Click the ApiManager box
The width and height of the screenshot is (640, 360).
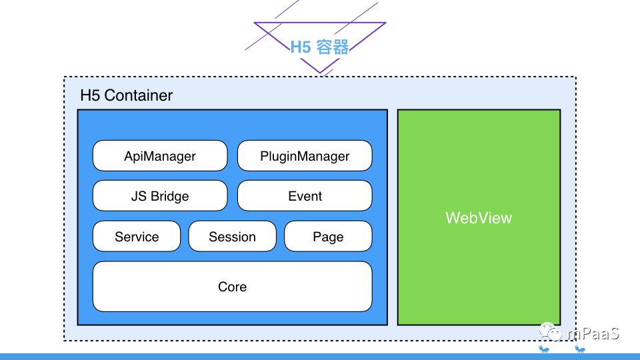coord(160,155)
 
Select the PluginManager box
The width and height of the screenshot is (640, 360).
coord(305,155)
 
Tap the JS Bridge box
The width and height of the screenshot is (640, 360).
coord(160,195)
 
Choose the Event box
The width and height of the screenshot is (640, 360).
coord(305,195)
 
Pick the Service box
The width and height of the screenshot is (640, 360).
coord(137,236)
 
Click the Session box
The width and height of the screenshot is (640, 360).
coord(232,236)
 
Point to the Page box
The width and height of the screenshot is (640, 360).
coord(328,236)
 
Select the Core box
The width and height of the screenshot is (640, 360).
coord(232,287)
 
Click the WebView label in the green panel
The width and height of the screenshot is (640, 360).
coord(479,217)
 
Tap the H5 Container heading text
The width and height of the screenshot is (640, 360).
coord(126,95)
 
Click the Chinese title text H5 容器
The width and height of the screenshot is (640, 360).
coord(319,47)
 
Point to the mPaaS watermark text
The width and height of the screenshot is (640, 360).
coord(593,333)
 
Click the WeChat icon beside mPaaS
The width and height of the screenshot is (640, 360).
coord(551,331)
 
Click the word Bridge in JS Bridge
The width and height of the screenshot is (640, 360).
coord(170,196)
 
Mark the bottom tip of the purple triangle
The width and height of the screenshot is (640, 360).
coord(320,73)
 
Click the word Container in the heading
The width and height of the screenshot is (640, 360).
coord(139,95)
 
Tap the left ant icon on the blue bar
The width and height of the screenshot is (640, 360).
coord(544,349)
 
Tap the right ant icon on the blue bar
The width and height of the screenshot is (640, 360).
coord(579,349)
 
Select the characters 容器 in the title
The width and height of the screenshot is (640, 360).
coord(332,47)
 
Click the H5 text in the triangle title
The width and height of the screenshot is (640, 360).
coord(301,47)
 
